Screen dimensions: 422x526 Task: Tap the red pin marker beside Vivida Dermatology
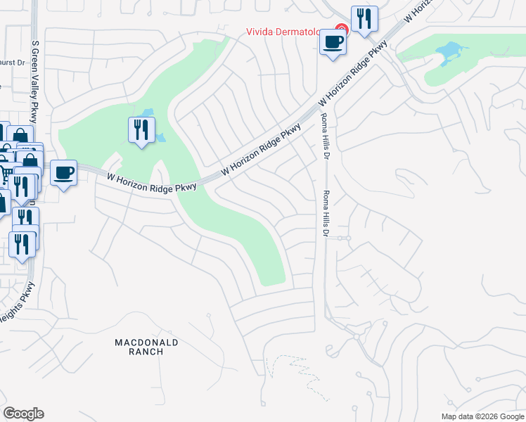coord(341,30)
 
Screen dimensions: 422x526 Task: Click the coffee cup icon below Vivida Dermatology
coord(333,42)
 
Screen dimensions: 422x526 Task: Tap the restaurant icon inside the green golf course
coord(141,129)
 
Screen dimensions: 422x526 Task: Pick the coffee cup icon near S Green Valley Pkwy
coord(63,172)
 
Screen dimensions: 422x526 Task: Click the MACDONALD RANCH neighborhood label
coord(147,347)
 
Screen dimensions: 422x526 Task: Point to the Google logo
coord(23,414)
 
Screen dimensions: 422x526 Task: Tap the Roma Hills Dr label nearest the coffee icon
coord(324,137)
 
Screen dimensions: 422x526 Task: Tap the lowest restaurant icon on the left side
coord(22,243)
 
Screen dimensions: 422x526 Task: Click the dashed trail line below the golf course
coord(288,366)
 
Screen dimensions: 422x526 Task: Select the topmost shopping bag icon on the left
coord(20,136)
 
